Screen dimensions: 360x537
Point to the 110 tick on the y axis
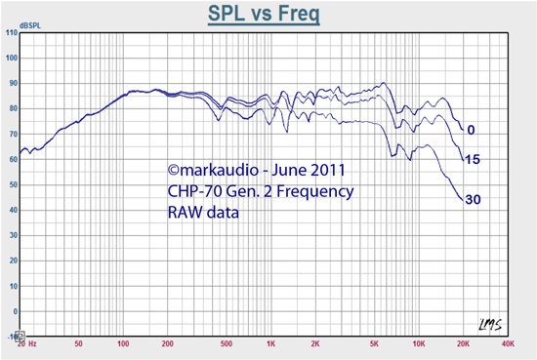(x=12, y=33)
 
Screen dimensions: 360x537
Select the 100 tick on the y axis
(x=12, y=59)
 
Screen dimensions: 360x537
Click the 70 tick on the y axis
(x=12, y=134)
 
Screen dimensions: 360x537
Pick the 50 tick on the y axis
(x=12, y=184)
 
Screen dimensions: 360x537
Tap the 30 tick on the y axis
(x=12, y=234)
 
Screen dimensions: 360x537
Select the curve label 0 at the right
(x=471, y=130)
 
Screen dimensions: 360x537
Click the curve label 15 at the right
(x=473, y=159)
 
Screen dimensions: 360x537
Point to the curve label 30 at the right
(x=473, y=200)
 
